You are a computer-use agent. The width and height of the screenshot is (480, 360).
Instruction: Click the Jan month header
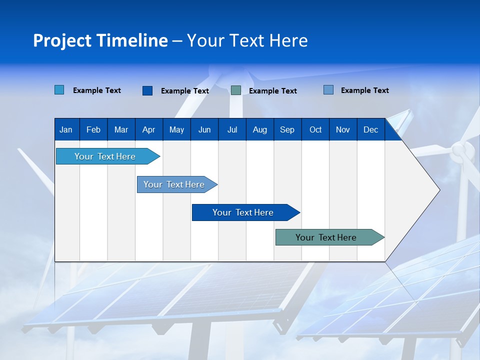[x=66, y=129]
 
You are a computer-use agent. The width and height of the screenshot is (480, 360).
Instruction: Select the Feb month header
[x=93, y=129]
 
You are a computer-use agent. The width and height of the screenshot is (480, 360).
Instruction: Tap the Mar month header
[x=121, y=129]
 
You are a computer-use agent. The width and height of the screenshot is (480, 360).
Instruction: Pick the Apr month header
[x=149, y=129]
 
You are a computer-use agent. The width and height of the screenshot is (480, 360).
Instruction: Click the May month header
[x=176, y=129]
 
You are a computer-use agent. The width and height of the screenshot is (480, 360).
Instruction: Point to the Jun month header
[x=204, y=129]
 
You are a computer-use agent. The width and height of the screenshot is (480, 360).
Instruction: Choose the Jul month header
[x=232, y=129]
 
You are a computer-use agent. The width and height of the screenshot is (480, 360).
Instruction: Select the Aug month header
[x=260, y=129]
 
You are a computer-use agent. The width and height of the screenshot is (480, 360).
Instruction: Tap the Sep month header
[x=287, y=129]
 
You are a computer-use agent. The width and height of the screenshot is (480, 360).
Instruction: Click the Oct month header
[x=315, y=129]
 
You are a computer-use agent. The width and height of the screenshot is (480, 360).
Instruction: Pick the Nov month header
[x=343, y=129]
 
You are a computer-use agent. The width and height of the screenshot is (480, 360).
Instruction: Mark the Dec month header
[x=371, y=129]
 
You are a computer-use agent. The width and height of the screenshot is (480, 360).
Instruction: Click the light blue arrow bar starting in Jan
[x=105, y=156]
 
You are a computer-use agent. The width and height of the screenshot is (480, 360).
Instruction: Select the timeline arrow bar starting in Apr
[x=174, y=184]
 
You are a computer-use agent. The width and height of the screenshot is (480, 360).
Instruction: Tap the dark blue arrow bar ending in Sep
[x=243, y=212]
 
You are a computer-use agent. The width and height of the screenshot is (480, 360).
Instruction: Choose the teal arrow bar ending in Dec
[x=326, y=237]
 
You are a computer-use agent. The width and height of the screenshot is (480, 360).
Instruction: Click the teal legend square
[x=236, y=90]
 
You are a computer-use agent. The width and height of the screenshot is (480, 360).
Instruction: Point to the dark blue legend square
[x=147, y=90]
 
